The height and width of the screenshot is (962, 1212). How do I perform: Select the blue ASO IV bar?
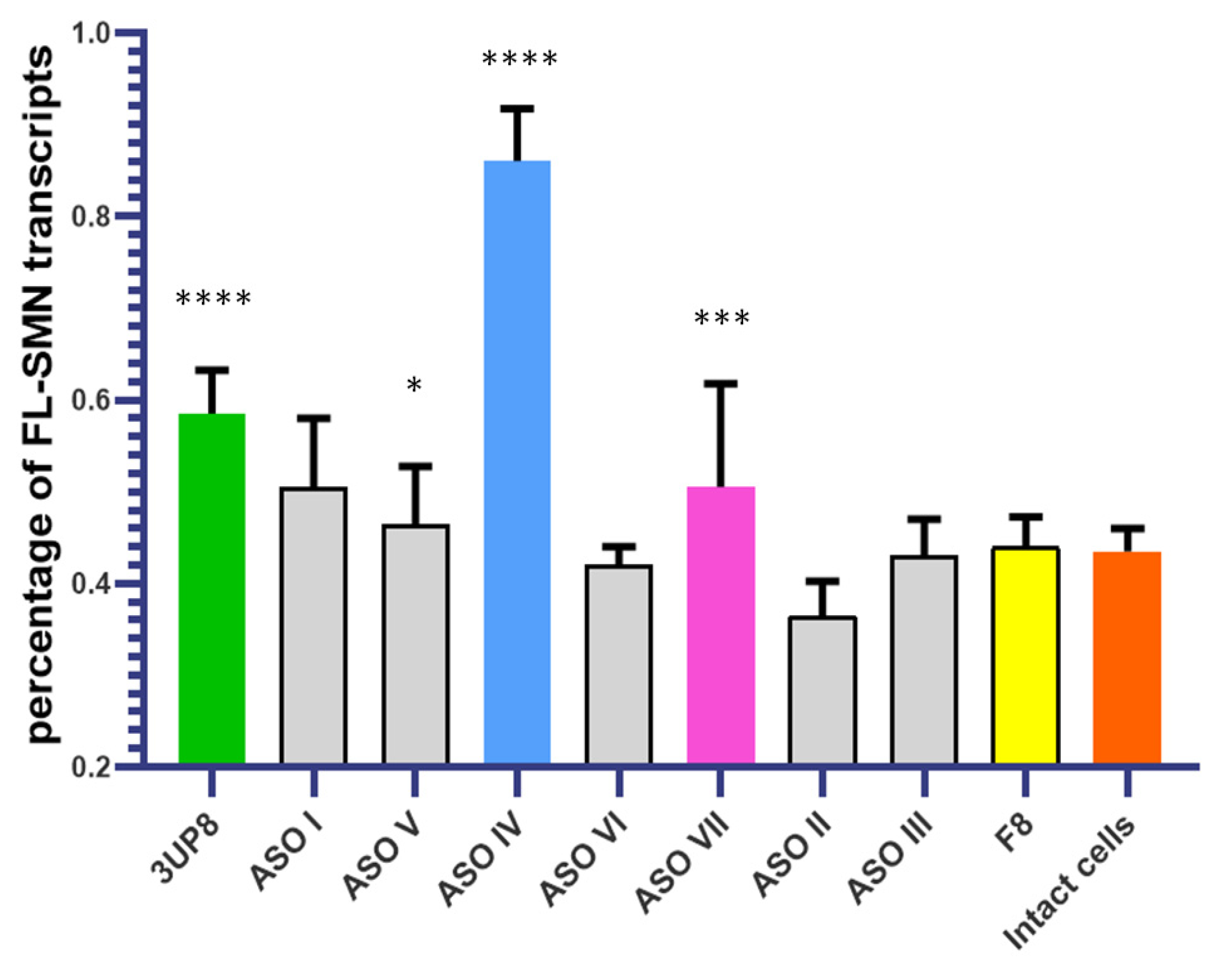[517, 461]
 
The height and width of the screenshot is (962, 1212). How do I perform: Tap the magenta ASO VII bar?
[720, 624]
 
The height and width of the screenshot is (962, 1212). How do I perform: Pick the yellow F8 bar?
[1026, 654]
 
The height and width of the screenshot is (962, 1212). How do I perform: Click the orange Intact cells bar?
[1127, 658]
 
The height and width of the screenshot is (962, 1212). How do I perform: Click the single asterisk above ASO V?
[414, 386]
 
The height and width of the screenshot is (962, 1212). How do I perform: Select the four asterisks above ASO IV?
[520, 59]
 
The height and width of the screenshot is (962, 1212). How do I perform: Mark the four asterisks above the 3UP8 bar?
[213, 299]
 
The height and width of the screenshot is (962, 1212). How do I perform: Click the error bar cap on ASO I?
[314, 418]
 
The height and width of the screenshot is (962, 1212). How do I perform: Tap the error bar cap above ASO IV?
[517, 109]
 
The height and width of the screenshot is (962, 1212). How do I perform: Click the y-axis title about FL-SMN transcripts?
[42, 393]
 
